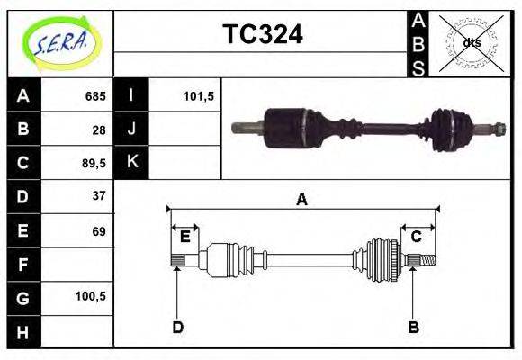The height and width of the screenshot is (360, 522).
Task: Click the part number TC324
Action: [x=262, y=35]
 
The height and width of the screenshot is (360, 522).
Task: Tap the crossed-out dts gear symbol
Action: [x=472, y=42]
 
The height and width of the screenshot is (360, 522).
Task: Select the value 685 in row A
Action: [x=95, y=96]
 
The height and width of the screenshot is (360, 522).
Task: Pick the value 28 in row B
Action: [x=99, y=130]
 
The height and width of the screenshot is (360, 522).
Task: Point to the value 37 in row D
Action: [x=99, y=196]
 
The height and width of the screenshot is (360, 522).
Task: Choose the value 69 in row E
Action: [x=99, y=231]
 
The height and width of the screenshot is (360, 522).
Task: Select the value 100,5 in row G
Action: [x=93, y=296]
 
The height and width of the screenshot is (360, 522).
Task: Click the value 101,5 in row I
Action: [x=197, y=96]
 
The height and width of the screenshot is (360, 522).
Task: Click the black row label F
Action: [x=22, y=264]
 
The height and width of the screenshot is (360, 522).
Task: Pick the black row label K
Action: [x=131, y=163]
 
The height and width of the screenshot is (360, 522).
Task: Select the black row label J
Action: [x=131, y=130]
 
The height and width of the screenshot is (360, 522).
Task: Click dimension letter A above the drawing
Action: [x=302, y=200]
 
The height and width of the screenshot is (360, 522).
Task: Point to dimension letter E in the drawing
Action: [x=184, y=237]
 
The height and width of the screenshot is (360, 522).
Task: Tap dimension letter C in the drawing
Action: [x=417, y=237]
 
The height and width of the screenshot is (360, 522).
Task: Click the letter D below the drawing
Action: [x=177, y=327]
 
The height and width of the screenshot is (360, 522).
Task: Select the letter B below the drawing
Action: [x=413, y=327]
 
